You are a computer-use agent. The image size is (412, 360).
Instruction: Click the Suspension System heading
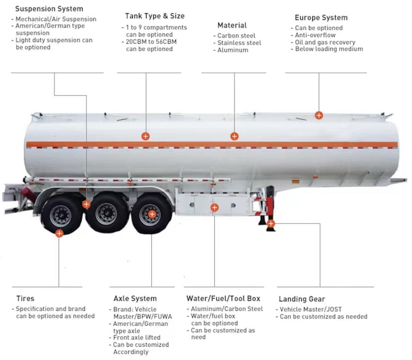click(x=49, y=9)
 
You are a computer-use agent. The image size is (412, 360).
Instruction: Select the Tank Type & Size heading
click(x=155, y=16)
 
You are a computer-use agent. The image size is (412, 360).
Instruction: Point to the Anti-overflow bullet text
click(x=315, y=35)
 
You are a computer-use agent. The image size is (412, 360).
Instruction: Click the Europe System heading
click(x=321, y=18)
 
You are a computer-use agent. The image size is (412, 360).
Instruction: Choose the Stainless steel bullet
click(x=239, y=43)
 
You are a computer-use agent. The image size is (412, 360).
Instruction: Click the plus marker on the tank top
click(x=319, y=115)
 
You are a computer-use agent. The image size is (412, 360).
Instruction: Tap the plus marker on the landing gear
click(x=271, y=224)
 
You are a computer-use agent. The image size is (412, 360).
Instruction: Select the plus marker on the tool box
click(x=214, y=207)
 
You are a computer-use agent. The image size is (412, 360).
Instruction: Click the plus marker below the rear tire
click(x=59, y=233)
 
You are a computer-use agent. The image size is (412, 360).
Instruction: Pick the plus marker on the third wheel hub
click(x=152, y=214)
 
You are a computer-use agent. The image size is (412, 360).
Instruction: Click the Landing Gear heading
click(x=302, y=299)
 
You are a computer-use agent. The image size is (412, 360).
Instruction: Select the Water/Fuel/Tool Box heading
click(x=223, y=298)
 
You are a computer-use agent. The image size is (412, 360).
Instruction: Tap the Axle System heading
click(x=135, y=298)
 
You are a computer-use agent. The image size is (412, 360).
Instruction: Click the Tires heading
click(x=25, y=298)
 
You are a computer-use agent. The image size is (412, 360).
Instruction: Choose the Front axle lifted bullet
click(x=137, y=337)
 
